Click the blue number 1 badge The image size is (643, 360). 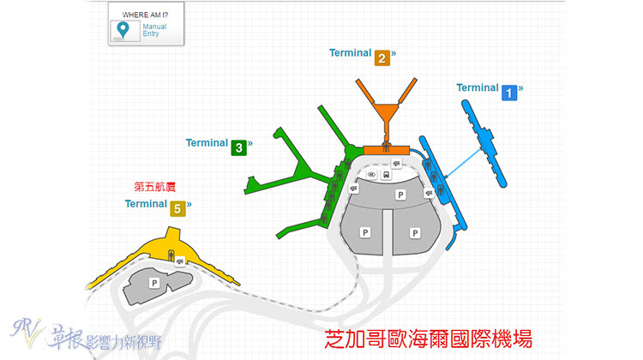tap(509, 93)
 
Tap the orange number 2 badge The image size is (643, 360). tap(382, 58)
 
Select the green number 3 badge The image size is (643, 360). tap(238, 148)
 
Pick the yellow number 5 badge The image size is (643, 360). tap(177, 208)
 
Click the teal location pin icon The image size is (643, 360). tap(123, 30)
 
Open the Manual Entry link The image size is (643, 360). tap(154, 30)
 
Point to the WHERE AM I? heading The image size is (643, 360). tap(145, 15)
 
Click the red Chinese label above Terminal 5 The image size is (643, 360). tap(155, 187)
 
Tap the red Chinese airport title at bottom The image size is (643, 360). tap(428, 339)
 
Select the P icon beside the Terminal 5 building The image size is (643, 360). tap(154, 283)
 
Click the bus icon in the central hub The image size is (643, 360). tap(387, 175)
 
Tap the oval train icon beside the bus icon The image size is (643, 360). tap(371, 175)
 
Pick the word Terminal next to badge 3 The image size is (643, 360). tap(207, 142)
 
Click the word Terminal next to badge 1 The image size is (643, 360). tap(478, 87)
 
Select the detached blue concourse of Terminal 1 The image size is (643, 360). tap(484, 143)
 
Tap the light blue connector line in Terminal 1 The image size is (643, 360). tap(463, 163)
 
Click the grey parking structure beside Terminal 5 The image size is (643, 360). tap(158, 285)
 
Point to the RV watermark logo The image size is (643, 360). tap(26, 332)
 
